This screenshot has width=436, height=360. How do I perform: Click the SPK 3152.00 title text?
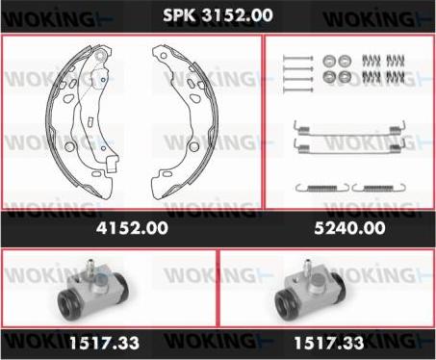point(218,15)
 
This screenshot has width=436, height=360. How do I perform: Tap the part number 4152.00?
point(132,228)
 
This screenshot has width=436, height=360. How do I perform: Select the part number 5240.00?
point(349,228)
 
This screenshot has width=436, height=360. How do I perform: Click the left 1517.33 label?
point(104,343)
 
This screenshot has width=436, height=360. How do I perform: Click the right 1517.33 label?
point(329,343)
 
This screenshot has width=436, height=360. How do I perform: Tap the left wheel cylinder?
point(93,293)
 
